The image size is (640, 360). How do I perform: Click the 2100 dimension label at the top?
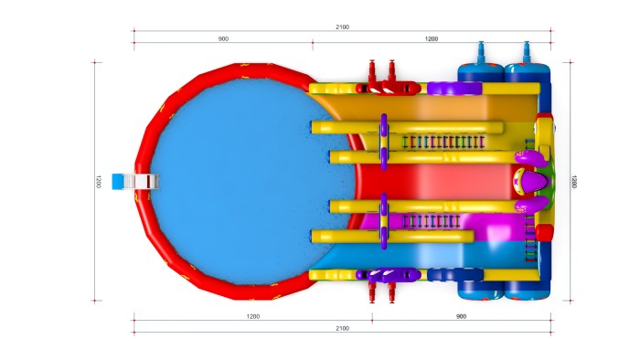pyautogui.click(x=343, y=26)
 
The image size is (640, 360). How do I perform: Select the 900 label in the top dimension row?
pyautogui.click(x=223, y=38)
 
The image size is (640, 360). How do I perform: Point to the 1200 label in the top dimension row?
pyautogui.click(x=432, y=38)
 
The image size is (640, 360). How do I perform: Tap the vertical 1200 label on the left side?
pyautogui.click(x=98, y=182)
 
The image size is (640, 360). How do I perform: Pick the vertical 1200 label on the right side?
pyautogui.click(x=574, y=182)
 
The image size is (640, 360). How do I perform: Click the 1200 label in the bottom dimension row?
pyautogui.click(x=253, y=316)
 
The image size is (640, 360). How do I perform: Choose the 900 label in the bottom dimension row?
pyautogui.click(x=461, y=316)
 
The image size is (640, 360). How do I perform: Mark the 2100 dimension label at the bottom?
pyautogui.click(x=343, y=328)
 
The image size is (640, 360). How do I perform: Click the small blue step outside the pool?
pyautogui.click(x=118, y=182)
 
